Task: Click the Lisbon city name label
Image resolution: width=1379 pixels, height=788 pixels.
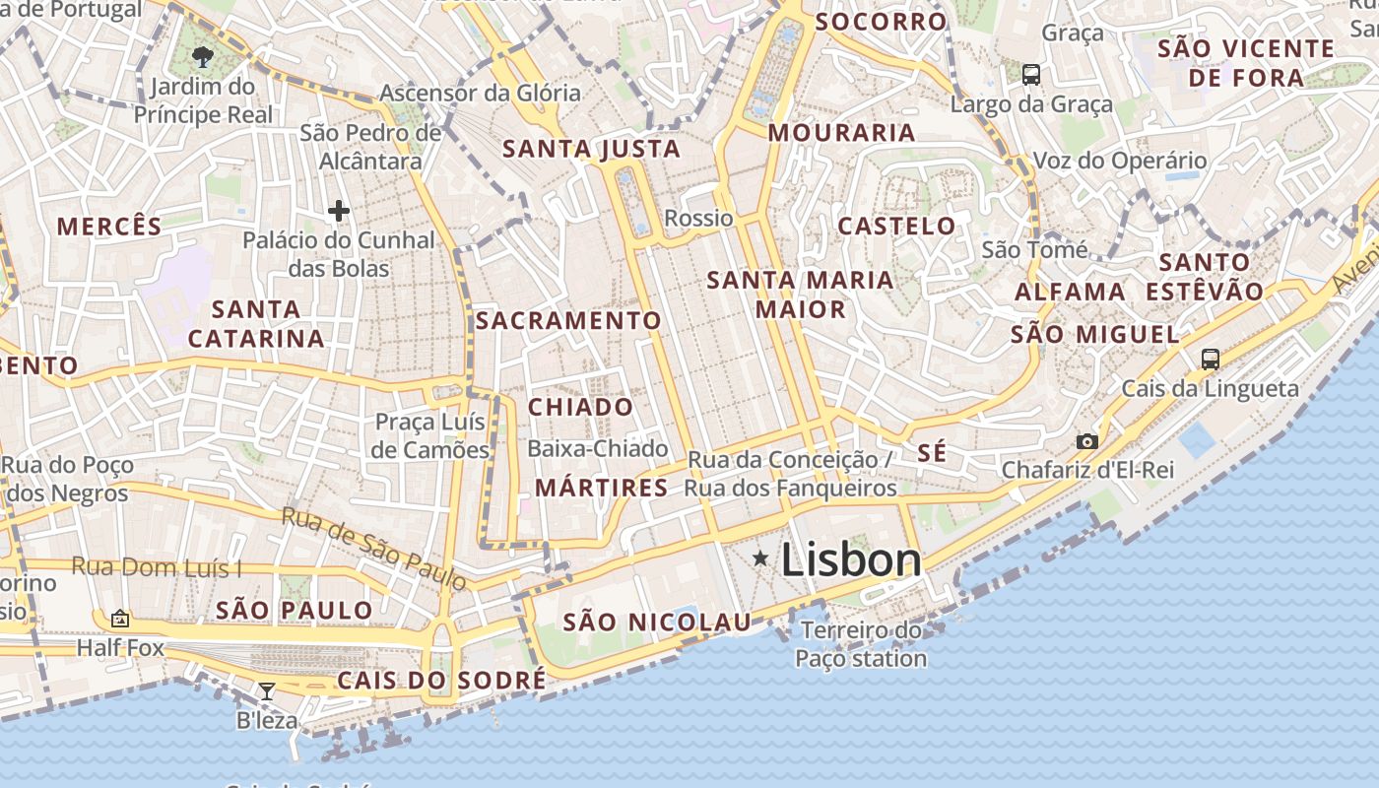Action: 851,560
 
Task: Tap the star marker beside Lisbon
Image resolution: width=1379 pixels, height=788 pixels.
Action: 760,558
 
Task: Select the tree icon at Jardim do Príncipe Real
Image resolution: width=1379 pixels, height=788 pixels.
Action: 204,56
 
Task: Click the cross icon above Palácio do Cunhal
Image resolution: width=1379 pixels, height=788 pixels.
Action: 339,210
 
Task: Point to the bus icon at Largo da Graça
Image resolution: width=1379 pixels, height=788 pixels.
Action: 1031,74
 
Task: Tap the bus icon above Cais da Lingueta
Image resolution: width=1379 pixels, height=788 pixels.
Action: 1211,360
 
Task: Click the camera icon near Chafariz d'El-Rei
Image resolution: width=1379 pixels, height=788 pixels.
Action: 1087,441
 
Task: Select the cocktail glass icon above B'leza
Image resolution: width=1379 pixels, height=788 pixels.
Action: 267,690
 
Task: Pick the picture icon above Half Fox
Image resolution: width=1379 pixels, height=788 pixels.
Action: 120,619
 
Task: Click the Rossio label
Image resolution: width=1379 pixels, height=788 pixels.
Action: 699,218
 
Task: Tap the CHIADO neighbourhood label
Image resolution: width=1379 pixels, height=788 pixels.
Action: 581,407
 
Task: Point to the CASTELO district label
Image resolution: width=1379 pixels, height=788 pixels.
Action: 896,226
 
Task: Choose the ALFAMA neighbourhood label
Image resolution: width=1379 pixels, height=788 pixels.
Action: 1071,292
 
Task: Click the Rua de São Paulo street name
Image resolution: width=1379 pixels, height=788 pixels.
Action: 375,549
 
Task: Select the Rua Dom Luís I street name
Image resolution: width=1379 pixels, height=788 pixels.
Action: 157,567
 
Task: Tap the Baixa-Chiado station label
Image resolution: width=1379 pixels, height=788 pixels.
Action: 598,448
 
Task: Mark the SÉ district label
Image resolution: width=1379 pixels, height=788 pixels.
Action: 932,453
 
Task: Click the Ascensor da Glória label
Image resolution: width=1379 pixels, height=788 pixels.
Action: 481,93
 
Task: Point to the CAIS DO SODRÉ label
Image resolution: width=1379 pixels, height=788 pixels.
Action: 441,681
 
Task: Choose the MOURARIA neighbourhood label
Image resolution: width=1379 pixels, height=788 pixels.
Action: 842,132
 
